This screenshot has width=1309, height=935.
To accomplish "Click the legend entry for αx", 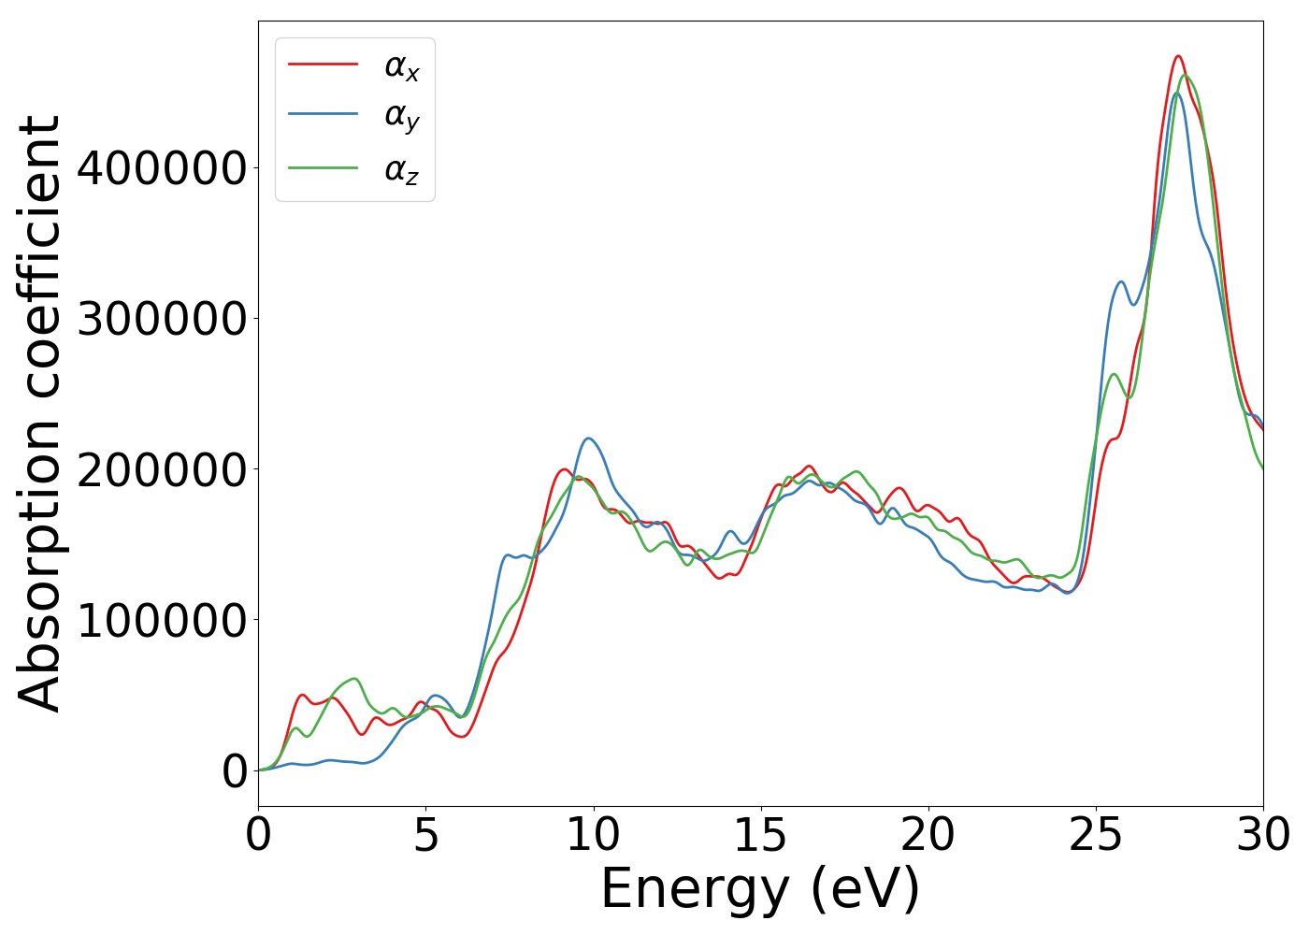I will pyautogui.click(x=401, y=66).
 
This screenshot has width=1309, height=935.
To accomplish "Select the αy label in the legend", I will pyautogui.click(x=401, y=117).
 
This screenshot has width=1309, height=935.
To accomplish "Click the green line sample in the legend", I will pyautogui.click(x=323, y=168).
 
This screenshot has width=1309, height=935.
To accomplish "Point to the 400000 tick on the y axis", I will pyautogui.click(x=162, y=168).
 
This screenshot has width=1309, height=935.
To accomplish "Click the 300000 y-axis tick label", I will pyautogui.click(x=162, y=319).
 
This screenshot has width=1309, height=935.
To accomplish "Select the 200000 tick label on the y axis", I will pyautogui.click(x=162, y=469).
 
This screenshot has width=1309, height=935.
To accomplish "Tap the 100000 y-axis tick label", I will pyautogui.click(x=162, y=620).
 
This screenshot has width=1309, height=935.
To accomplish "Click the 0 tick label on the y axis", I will pyautogui.click(x=235, y=771).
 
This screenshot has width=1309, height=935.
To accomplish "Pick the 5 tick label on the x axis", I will pyautogui.click(x=425, y=835).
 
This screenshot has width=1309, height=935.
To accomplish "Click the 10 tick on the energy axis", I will pyautogui.click(x=593, y=835).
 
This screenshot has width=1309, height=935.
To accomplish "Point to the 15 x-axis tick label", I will pyautogui.click(x=760, y=835).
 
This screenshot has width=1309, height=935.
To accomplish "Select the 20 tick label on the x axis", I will pyautogui.click(x=928, y=835).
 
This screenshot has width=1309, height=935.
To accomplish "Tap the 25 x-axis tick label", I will pyautogui.click(x=1095, y=835).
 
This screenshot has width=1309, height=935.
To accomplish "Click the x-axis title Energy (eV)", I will pyautogui.click(x=760, y=888).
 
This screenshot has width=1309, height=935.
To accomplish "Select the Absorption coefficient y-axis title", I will pyautogui.click(x=40, y=413).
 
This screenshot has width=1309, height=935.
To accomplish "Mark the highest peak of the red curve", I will pyautogui.click(x=1178, y=56).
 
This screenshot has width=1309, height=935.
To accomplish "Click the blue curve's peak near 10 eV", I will pyautogui.click(x=588, y=438).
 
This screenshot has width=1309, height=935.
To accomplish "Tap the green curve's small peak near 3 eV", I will pyautogui.click(x=354, y=678).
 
